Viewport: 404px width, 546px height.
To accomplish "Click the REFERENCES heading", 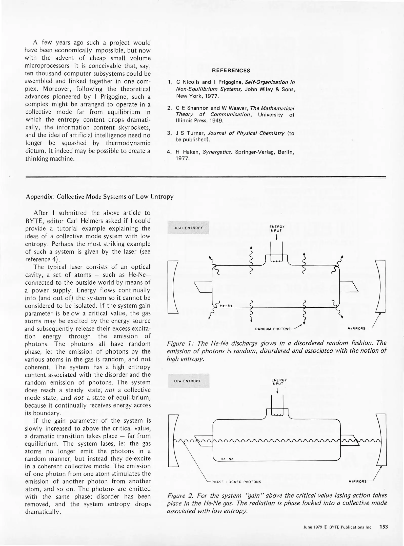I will coord(231,71).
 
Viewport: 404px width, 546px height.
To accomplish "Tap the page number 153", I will coord(383,527).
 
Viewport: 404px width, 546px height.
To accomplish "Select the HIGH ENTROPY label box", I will coord(188,228).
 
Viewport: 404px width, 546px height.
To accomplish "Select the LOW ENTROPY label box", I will coord(188,381).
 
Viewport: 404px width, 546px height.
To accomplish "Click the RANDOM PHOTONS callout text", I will coord(273,329).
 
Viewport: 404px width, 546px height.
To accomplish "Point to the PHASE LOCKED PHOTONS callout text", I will coord(236,482).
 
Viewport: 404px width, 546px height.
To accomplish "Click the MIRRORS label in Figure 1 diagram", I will coord(356,329).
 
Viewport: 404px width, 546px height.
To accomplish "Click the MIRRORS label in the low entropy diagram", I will coord(357,482).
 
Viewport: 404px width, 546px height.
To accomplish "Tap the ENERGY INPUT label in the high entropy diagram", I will coord(277,229).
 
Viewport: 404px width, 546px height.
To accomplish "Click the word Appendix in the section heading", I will coord(40,197).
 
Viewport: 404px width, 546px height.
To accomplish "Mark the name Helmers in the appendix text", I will coord(90,221).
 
